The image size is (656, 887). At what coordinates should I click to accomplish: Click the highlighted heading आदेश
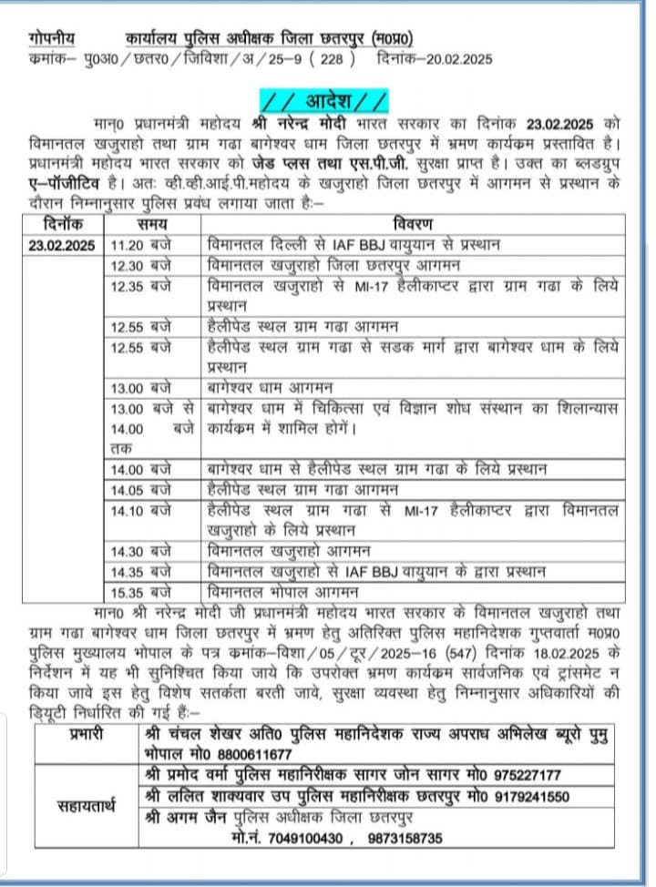(323, 97)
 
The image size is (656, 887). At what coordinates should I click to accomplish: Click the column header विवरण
(413, 224)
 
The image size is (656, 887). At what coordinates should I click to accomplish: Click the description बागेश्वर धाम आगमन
(271, 387)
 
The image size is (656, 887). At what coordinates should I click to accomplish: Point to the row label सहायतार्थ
(83, 805)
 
